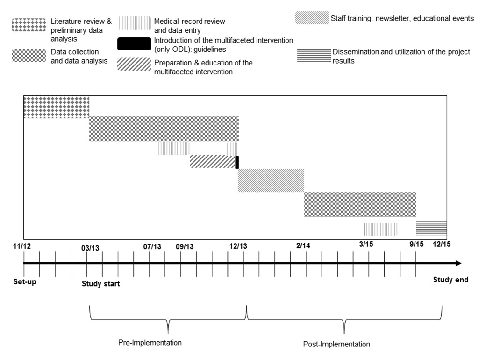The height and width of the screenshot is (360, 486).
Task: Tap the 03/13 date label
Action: pos(91,247)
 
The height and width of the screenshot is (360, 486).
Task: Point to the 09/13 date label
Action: pos(185,246)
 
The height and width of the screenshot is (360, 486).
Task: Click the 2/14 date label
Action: pos(303,246)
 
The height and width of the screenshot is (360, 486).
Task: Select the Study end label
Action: pos(450,280)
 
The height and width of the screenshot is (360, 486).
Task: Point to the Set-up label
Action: pos(25,281)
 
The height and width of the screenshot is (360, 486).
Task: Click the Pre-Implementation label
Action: pos(150,343)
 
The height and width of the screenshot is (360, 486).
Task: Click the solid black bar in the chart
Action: pos(237,162)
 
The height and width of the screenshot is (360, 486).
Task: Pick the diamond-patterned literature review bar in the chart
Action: pos(56,107)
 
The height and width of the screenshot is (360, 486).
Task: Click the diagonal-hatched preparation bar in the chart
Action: pos(212,161)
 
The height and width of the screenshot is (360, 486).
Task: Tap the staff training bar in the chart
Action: pos(271,180)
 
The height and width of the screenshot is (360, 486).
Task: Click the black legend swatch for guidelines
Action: pos(134,43)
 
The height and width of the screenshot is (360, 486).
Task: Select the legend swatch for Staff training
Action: pos(311,18)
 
